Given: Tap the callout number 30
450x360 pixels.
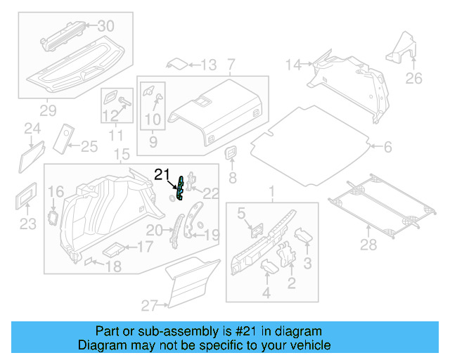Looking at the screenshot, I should pos(105,26).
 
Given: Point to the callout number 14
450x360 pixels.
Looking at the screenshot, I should pos(292,65).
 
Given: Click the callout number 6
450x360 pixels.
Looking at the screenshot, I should pos(387,147).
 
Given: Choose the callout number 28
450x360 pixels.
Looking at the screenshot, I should pos(368,244).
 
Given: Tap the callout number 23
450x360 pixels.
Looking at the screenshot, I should pos(27,224).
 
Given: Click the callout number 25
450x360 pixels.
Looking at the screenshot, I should pos(89,146).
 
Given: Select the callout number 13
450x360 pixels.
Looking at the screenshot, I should pos(208,65).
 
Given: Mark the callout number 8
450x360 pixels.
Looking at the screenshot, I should pos(233,177).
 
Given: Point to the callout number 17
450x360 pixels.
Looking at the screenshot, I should pos(144,247).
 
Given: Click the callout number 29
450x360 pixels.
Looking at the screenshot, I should pos(48,110).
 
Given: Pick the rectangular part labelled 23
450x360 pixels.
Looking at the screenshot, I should pos(27,196).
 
